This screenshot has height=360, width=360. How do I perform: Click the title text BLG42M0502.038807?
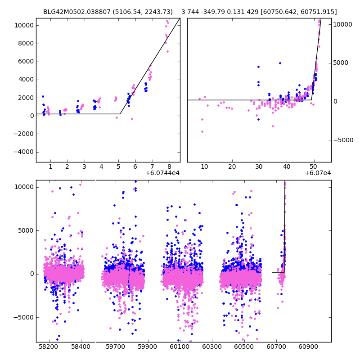(x=76, y=12)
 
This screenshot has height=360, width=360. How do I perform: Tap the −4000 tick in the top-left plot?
(x=24, y=152)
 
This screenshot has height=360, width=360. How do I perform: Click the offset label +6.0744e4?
(x=162, y=173)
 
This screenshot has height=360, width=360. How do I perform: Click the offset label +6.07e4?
(x=318, y=173)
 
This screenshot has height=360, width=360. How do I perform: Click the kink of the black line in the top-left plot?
(x=120, y=114)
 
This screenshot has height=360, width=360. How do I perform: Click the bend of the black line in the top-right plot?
(x=311, y=100)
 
